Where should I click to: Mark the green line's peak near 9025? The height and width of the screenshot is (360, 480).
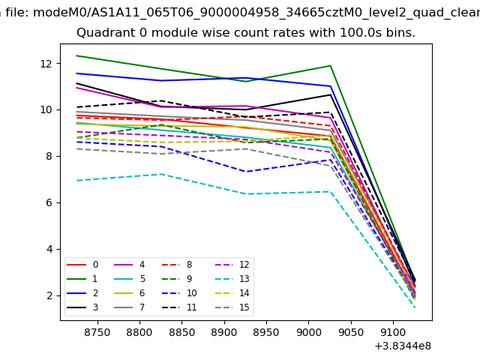(x=330, y=66)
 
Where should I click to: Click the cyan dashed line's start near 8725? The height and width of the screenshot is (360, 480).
(x=77, y=180)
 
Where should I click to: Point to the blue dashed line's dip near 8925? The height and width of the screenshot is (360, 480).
(x=246, y=172)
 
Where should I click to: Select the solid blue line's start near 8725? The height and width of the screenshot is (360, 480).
(x=77, y=73)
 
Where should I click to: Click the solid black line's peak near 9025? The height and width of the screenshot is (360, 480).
(x=330, y=94)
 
